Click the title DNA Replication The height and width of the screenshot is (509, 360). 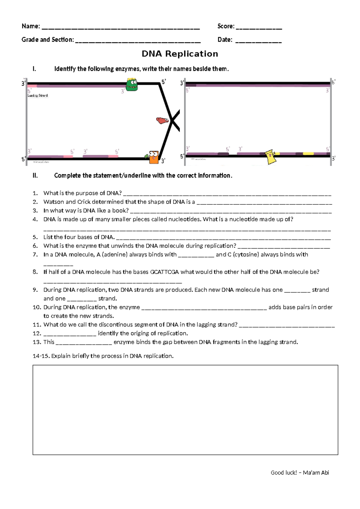[x=180, y=54]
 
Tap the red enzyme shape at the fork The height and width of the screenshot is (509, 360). [x=162, y=120]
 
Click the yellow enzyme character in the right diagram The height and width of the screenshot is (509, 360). [x=271, y=156]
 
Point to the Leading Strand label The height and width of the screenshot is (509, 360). [x=37, y=95]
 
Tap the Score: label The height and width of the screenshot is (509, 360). [x=226, y=26]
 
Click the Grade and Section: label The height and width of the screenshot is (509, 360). [x=47, y=40]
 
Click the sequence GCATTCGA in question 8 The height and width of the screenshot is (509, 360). [x=164, y=272]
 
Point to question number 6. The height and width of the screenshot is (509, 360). [x=35, y=246]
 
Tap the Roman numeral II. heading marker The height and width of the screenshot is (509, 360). [x=35, y=176]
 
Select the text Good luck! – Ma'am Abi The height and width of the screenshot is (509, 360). [x=299, y=473]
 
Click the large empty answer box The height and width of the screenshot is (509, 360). [x=185, y=410]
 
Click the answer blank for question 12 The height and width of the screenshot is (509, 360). [x=70, y=334]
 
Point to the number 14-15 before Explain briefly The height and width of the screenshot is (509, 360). [x=41, y=356]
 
